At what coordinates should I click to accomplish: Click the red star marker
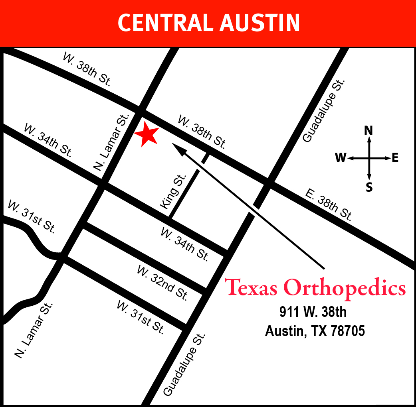[x=147, y=134]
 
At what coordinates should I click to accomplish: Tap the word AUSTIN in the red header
[x=259, y=23]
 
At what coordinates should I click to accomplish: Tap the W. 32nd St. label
[x=162, y=283]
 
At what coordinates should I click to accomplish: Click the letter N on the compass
[x=369, y=130]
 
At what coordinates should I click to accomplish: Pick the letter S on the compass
[x=369, y=187]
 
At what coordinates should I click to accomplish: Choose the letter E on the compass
[x=395, y=158]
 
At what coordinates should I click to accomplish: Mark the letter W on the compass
[x=341, y=158]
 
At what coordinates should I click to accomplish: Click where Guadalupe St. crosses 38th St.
[x=268, y=185]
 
